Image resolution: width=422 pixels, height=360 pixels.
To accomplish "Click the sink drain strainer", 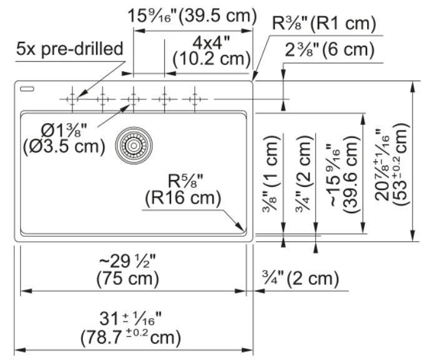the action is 134,146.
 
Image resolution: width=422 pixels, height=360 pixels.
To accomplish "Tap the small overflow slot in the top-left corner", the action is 27,89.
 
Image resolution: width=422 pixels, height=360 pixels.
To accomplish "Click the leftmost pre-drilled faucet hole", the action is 72,99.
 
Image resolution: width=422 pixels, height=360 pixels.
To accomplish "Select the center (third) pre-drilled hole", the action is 134,99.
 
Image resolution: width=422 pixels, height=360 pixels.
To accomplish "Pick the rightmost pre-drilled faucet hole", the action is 195,99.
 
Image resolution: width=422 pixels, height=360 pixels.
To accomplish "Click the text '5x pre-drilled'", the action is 70,49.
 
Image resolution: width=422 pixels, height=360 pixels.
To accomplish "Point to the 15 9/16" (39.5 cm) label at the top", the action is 192,16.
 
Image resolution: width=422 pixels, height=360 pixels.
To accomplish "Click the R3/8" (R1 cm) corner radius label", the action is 324,23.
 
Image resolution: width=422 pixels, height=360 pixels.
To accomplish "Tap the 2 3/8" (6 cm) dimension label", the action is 330,49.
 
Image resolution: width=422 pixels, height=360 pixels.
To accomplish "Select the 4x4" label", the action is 211,43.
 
